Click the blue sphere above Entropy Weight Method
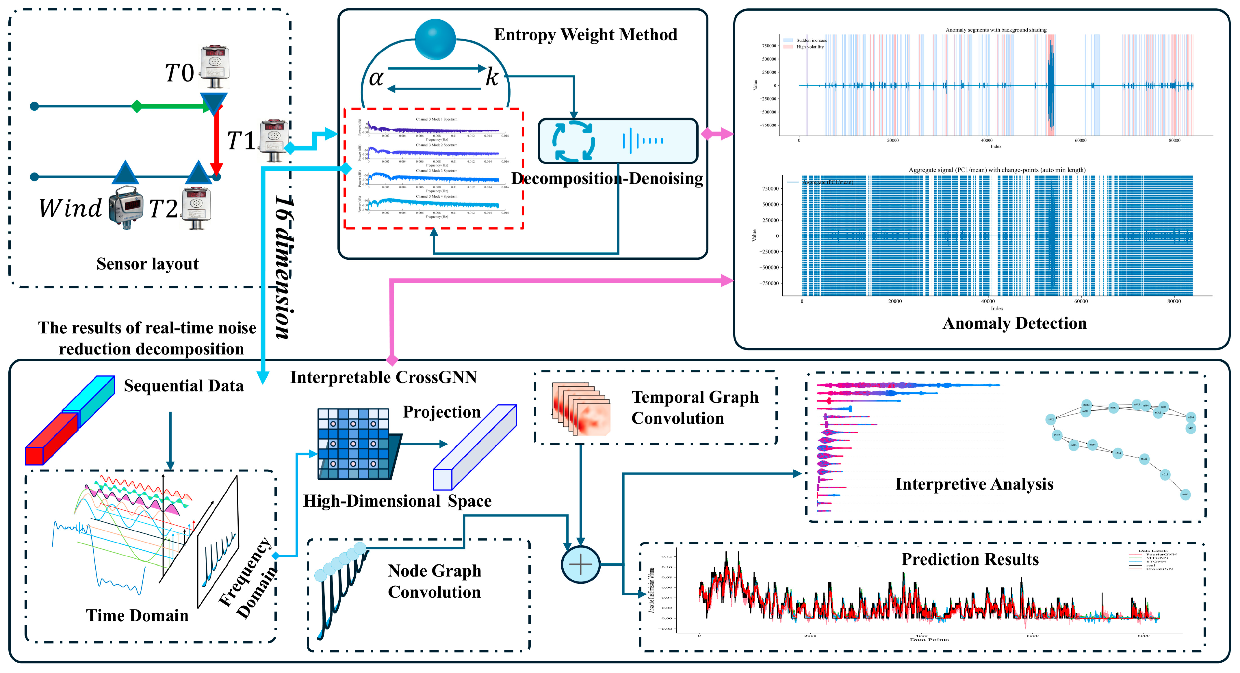coord(435,40)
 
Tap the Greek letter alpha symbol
coord(376,78)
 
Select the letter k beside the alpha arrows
coord(491,77)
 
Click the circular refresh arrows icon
coord(573,141)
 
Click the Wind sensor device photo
coord(126,207)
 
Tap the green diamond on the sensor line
coord(137,106)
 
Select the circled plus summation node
coord(580,565)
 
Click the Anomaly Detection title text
coord(1014,324)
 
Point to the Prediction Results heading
coord(970,559)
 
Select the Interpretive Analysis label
coord(974,484)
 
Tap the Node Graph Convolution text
coord(434,581)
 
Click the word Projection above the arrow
coord(441,412)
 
